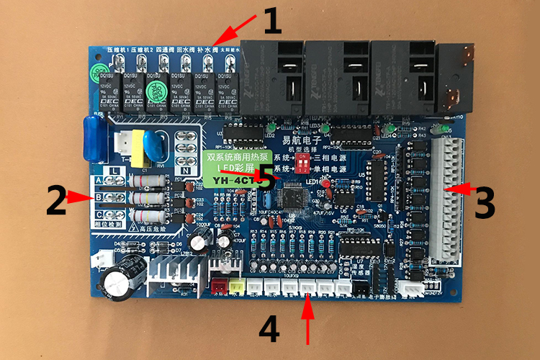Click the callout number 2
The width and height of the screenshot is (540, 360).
pyautogui.click(x=57, y=201)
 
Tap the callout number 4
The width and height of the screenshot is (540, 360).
pyautogui.click(x=268, y=330)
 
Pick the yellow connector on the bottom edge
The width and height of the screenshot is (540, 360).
pyautogui.click(x=236, y=285)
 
